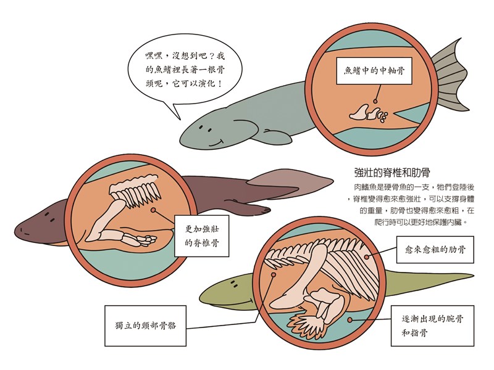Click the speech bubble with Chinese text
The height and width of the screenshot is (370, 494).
(185, 71)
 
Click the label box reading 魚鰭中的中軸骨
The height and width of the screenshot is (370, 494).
(374, 71)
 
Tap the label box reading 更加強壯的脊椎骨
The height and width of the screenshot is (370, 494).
(202, 236)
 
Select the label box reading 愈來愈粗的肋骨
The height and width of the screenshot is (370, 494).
(435, 250)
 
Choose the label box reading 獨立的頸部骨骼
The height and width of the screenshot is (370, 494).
(145, 326)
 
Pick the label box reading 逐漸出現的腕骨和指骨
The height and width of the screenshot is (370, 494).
(433, 326)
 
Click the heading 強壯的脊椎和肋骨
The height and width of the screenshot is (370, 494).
(392, 173)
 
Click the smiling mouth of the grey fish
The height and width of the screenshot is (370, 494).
(217, 144)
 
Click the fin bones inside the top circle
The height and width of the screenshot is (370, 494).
(369, 113)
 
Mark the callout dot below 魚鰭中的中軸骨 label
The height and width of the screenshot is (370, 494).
(375, 101)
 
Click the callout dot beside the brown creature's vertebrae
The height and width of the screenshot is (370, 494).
(153, 210)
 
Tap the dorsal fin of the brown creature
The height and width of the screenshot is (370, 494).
(291, 183)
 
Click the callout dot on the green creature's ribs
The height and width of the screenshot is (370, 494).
(366, 257)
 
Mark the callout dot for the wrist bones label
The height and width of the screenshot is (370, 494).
(350, 320)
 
